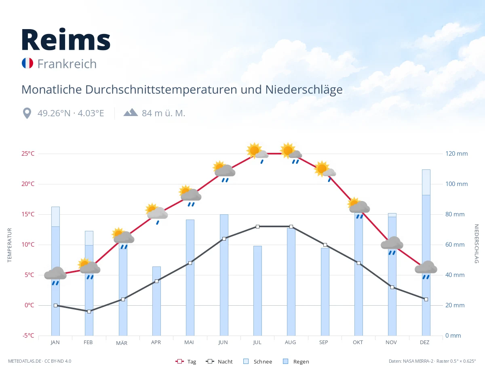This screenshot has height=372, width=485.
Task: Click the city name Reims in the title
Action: (x=66, y=40)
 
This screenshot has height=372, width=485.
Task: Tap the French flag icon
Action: (x=27, y=63)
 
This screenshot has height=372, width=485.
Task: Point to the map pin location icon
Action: (x=27, y=113)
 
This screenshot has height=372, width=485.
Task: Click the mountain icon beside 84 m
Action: (x=131, y=112)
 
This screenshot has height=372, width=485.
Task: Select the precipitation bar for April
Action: (x=156, y=301)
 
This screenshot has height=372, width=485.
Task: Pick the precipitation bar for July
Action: (x=257, y=291)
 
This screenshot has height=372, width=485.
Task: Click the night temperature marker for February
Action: (x=89, y=311)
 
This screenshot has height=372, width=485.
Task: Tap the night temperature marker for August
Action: (x=291, y=226)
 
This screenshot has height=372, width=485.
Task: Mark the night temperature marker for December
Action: (x=426, y=299)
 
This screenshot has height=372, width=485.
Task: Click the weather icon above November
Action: (x=392, y=245)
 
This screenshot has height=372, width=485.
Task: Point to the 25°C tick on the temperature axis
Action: (x=28, y=154)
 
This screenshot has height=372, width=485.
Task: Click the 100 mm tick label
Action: (x=456, y=184)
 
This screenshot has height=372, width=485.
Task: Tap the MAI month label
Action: (x=189, y=342)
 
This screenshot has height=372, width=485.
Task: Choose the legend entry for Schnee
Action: (x=258, y=361)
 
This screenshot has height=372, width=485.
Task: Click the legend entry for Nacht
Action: (x=219, y=361)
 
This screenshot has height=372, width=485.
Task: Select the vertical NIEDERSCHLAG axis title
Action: (x=477, y=243)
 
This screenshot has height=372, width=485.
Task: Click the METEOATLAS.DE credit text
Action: (x=25, y=361)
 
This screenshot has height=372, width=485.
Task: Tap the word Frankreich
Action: (x=67, y=64)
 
